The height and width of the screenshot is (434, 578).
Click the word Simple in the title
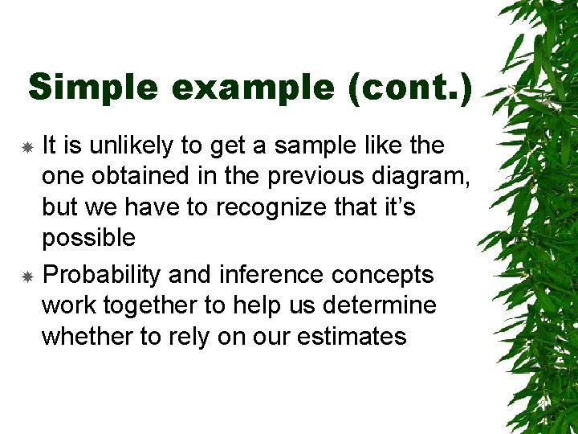coord(93,87)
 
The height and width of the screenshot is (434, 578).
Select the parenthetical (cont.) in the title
coord(410,87)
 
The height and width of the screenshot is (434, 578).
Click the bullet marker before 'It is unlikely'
coord(26,148)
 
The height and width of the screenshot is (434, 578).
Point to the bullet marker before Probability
coord(26,277)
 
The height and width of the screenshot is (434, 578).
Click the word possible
coord(88,238)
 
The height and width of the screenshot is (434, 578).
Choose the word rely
coord(181,336)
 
